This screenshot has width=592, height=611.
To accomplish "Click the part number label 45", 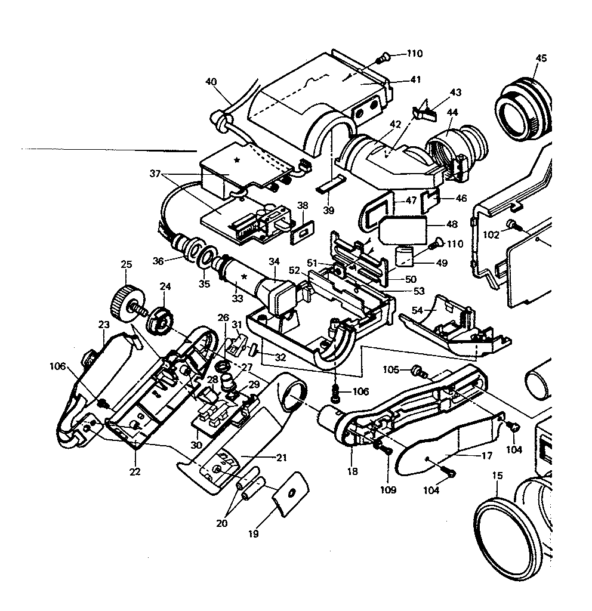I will click(541, 58).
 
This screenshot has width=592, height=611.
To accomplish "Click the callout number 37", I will click(156, 174).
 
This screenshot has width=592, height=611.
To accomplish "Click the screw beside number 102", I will click(513, 224).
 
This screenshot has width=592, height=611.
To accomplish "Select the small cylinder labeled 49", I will click(406, 257).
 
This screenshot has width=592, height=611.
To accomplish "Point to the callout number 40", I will click(211, 82).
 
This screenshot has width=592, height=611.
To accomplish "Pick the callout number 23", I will click(104, 325).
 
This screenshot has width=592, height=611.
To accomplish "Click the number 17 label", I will click(487, 455).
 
